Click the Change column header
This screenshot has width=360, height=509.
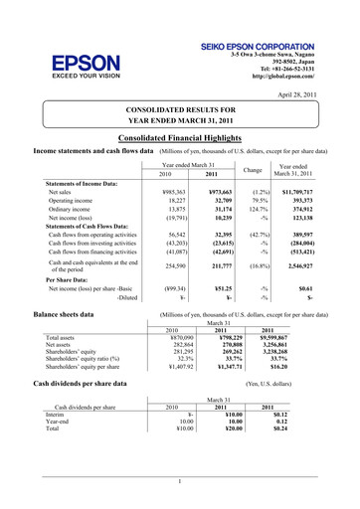(x=254, y=170)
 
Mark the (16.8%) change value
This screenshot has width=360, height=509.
(x=255, y=266)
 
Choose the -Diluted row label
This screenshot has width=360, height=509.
(x=126, y=296)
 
